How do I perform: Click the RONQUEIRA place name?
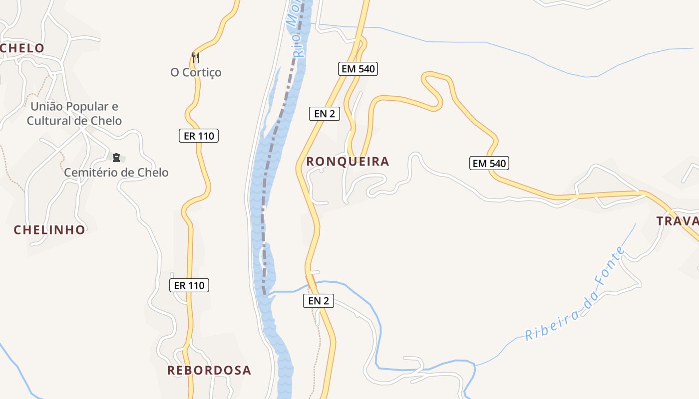(x=348, y=162)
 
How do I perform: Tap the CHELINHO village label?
(x=49, y=230)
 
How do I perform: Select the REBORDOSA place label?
(x=209, y=371)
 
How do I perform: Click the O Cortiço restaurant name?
(x=196, y=73)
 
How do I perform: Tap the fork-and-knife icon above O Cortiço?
(x=196, y=58)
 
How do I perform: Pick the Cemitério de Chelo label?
(x=116, y=173)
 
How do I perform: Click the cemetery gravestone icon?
(x=116, y=158)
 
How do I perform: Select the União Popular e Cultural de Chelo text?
(x=74, y=114)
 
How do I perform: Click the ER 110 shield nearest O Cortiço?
(x=199, y=136)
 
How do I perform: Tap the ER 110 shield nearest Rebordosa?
(x=189, y=286)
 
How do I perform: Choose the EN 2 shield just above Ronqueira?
(x=325, y=114)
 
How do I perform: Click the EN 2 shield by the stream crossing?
(x=319, y=301)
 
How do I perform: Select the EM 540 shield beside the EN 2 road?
(x=358, y=69)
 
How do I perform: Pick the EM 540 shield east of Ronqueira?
(x=489, y=163)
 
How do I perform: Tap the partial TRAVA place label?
(x=677, y=221)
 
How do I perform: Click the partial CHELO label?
(x=22, y=48)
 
